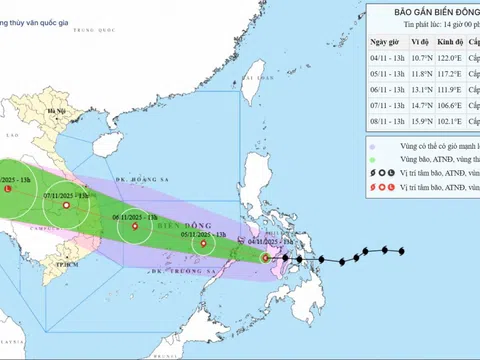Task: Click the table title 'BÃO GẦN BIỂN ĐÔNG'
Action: click(x=425, y=11)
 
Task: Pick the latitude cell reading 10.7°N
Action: click(x=424, y=59)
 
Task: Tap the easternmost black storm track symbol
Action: click(x=401, y=251)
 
